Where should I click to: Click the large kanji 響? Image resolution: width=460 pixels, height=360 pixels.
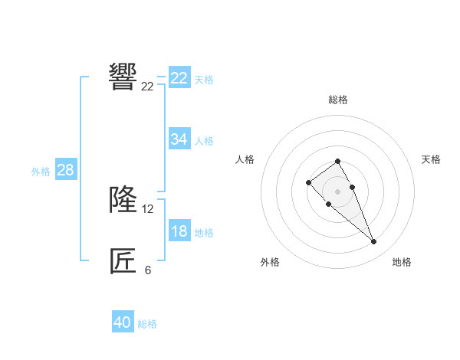coord(123,77)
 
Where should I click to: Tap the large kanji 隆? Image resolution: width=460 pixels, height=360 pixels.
coord(123,199)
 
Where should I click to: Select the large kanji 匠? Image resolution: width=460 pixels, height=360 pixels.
coord(123,261)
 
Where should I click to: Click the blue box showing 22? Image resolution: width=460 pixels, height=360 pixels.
coord(179,78)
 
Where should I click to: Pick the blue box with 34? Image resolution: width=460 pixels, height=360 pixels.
coord(179,139)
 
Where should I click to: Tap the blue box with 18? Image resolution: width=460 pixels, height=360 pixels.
coord(179,231)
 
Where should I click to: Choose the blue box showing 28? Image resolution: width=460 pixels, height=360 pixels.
coord(65,170)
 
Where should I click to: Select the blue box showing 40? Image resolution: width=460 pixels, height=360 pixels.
coord(123,322)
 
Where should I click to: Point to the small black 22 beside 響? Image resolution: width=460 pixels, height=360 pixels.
coord(147,87)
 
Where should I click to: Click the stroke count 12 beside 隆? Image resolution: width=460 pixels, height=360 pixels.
coord(148,208)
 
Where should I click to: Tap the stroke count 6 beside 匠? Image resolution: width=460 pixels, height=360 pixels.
coord(148,270)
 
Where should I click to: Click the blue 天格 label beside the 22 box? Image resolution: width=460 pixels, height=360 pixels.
coord(204,80)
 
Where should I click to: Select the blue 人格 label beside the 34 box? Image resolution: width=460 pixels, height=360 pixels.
coord(204,141)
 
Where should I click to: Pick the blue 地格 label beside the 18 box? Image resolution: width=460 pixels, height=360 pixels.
coord(204,233)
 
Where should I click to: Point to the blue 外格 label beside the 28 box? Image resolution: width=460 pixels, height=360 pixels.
coord(41,172)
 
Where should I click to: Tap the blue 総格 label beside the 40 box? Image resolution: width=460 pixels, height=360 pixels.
coord(147,324)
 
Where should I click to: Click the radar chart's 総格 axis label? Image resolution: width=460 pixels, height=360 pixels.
coord(337,100)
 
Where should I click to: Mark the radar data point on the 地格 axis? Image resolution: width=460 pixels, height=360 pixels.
coord(373,242)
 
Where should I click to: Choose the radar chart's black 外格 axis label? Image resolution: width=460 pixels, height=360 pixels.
coord(270,262)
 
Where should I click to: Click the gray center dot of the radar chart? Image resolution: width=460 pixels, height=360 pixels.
coord(337,191)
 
